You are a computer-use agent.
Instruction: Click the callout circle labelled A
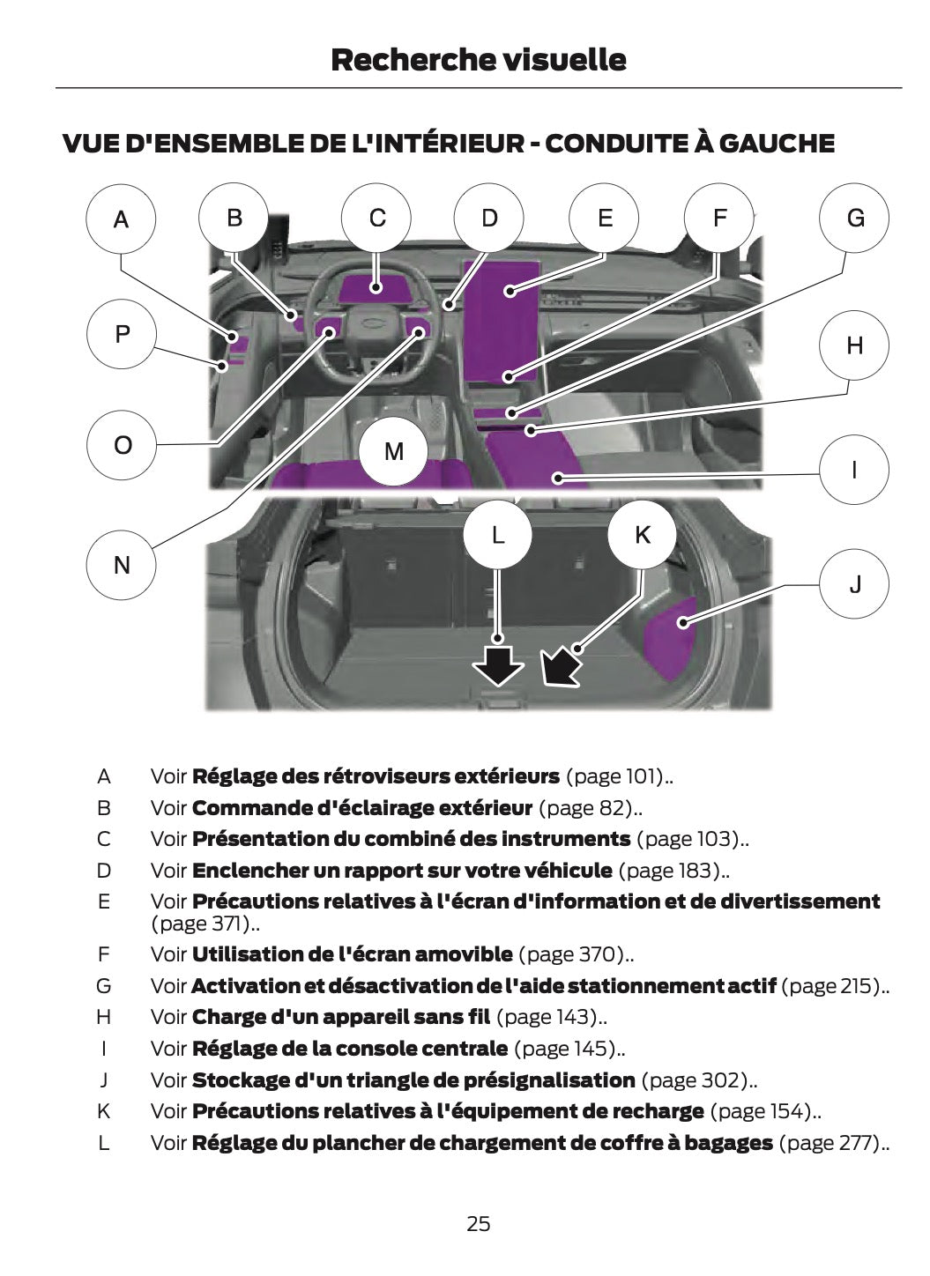(121, 219)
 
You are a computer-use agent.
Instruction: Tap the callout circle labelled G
(854, 218)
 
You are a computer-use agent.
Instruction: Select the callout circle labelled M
(393, 451)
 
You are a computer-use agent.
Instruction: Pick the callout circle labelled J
(854, 583)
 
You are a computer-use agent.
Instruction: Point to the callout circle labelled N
(121, 565)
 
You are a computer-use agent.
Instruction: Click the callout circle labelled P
(121, 334)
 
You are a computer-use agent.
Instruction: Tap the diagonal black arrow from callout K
(562, 666)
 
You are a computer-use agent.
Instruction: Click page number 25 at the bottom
(478, 1223)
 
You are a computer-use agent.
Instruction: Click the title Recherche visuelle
(478, 60)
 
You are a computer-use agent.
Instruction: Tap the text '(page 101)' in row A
(616, 776)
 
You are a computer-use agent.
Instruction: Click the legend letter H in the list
(104, 1017)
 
